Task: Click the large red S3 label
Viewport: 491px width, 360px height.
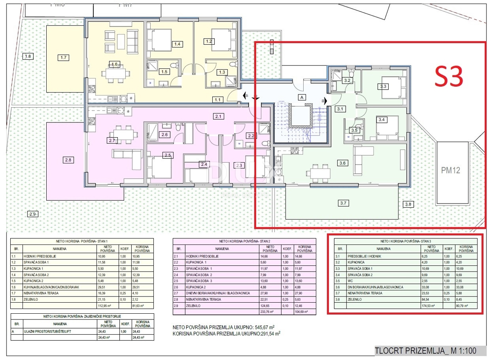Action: coord(448,76)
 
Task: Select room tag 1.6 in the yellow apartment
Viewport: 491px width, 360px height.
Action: coord(115,64)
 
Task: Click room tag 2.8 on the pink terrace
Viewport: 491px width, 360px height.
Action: coord(68,160)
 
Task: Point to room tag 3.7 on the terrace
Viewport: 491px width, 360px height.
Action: coord(343,202)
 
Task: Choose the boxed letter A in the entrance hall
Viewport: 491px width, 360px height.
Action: coord(302,97)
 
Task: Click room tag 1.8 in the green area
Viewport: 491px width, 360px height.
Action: coord(28,56)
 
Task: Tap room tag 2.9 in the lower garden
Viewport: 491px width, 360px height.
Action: coord(33,214)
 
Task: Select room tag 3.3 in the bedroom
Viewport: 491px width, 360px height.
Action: coord(383,86)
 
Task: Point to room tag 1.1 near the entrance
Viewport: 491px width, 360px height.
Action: coord(217,99)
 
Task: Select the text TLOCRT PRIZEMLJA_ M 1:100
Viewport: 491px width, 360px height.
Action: coord(426,351)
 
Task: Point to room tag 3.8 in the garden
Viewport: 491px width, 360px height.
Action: coord(408,204)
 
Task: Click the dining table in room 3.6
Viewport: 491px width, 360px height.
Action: coord(320,172)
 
